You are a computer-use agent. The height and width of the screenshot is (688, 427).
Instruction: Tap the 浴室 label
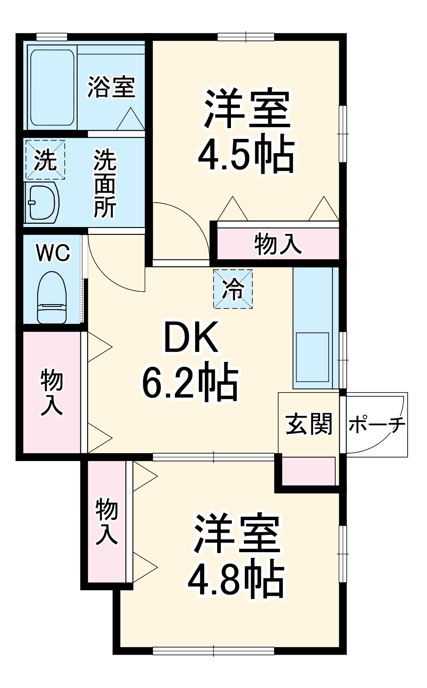pos(112,87)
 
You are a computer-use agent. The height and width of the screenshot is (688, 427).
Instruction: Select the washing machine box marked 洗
pos(45,160)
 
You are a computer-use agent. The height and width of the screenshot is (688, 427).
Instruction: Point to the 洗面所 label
pos(105,183)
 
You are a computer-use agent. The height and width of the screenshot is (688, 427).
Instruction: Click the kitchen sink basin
pos(312,357)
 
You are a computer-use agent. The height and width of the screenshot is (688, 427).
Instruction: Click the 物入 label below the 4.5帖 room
pos(278,243)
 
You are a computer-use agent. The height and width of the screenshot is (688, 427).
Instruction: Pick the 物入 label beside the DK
pos(51,393)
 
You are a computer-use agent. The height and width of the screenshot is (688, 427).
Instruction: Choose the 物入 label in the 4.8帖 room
pos(107,522)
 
